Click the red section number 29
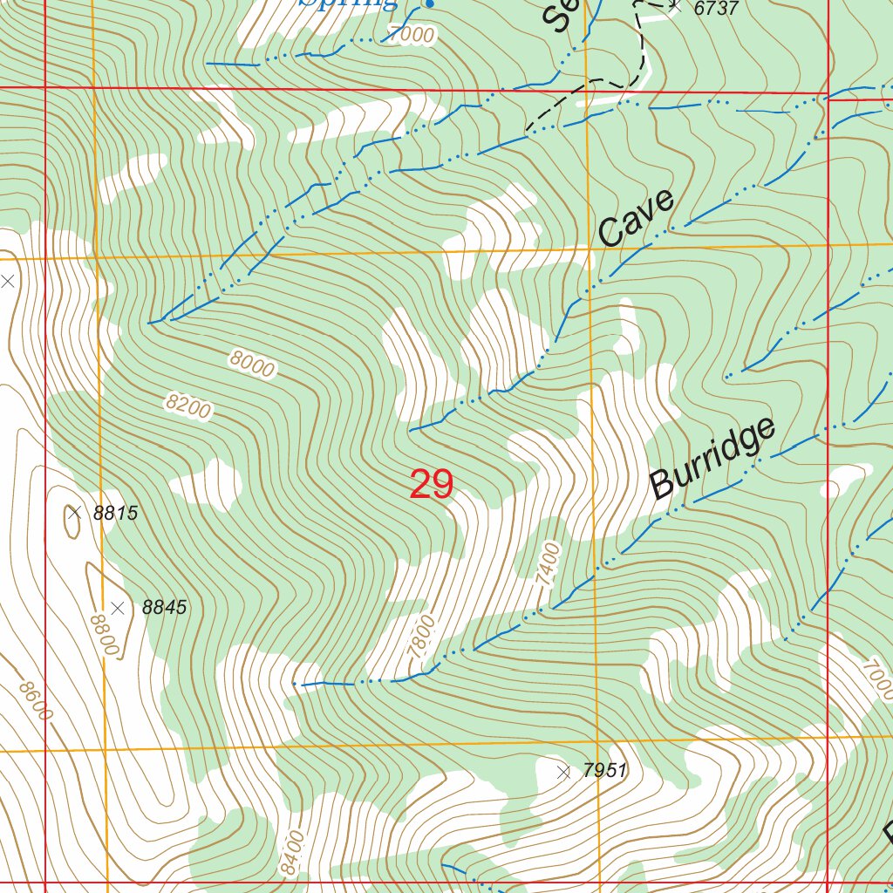(x=432, y=485)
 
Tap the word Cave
(x=637, y=217)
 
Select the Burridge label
(x=712, y=459)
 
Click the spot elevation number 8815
(x=115, y=513)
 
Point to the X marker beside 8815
(x=74, y=513)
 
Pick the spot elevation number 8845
(x=164, y=608)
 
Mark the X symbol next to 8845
(x=119, y=608)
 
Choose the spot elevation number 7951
(x=604, y=771)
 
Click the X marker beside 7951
(x=563, y=771)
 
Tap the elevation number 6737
(x=716, y=9)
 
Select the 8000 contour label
(x=253, y=364)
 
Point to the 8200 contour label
(x=188, y=406)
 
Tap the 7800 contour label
(x=420, y=636)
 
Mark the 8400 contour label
(x=294, y=854)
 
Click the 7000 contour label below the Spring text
(x=412, y=35)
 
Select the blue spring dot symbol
(x=428, y=4)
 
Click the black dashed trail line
(x=644, y=52)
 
